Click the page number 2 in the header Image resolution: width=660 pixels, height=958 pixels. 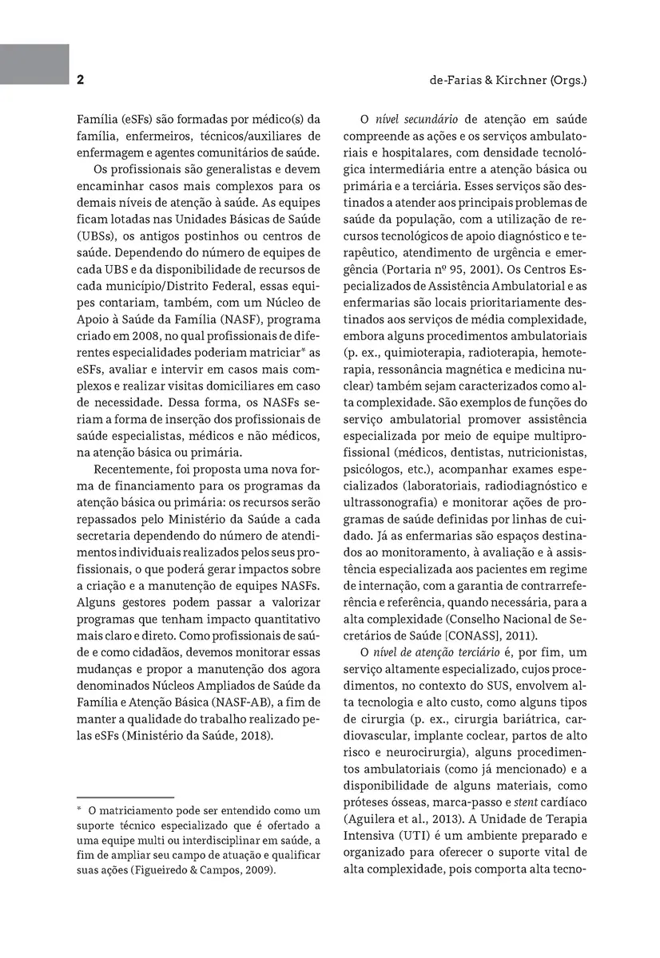[81, 80]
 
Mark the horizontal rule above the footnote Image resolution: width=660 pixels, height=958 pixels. [125, 798]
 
